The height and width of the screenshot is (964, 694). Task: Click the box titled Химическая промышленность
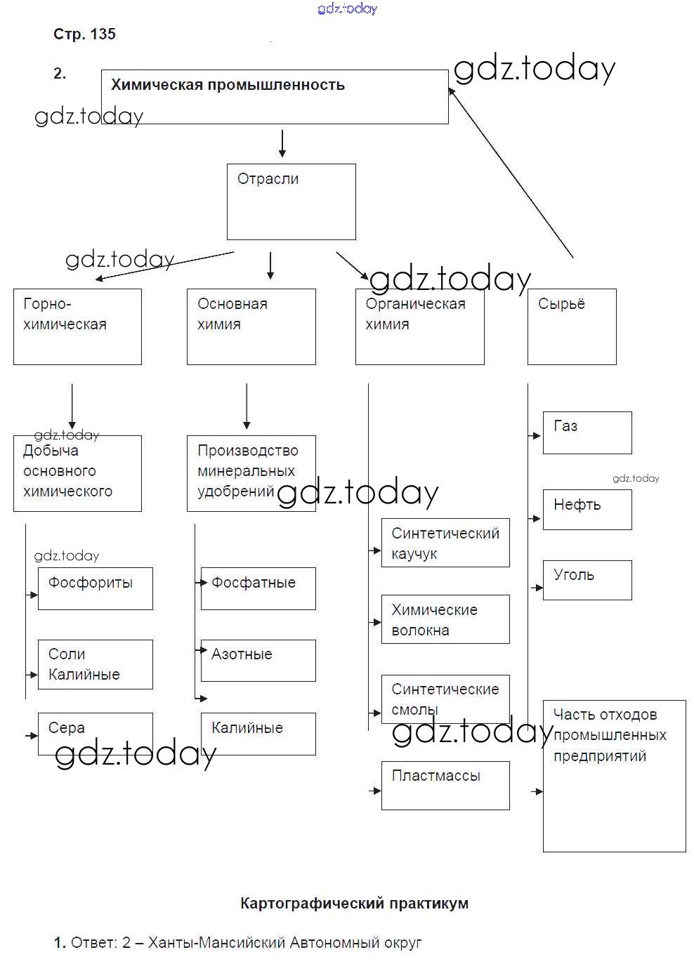tap(275, 97)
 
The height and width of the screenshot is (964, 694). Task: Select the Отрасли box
tap(291, 202)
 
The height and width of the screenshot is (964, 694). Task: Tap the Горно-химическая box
tap(77, 326)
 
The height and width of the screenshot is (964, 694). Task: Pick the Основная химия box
tap(251, 326)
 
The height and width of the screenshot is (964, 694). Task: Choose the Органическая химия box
tap(419, 326)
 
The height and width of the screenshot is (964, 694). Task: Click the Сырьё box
tap(572, 326)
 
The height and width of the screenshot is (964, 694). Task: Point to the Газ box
tap(587, 433)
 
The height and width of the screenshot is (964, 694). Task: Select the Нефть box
tap(587, 509)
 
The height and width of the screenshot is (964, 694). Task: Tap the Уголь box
tap(587, 580)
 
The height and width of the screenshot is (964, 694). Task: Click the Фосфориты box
tap(95, 588)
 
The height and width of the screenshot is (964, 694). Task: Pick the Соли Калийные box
tap(95, 664)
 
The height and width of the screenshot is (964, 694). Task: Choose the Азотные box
tap(258, 660)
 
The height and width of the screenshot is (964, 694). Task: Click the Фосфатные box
tap(258, 588)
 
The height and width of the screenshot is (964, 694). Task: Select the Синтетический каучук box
tap(445, 543)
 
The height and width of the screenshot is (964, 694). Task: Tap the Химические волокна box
tap(445, 619)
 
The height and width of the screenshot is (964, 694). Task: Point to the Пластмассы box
tap(445, 785)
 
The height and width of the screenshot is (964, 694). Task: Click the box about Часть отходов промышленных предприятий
tap(614, 776)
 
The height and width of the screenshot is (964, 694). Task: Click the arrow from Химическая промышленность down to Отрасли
tap(282, 143)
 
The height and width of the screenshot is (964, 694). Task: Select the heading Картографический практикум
tap(354, 904)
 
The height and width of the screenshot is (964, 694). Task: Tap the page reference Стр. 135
tap(84, 34)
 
